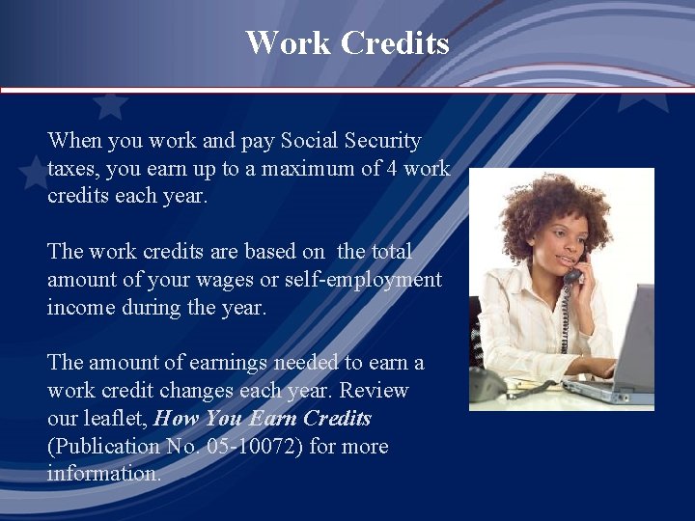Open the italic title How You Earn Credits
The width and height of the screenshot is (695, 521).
[263, 419]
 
